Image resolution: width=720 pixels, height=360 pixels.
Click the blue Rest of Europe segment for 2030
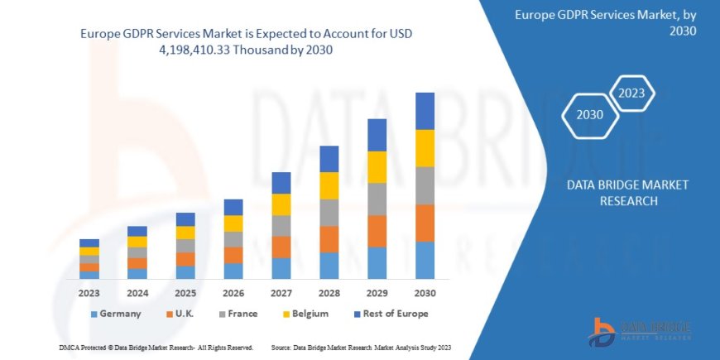pos(425,111)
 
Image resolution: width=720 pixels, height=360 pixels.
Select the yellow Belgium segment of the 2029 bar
pos(377,167)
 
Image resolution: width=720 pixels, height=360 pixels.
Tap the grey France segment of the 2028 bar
pos(329,213)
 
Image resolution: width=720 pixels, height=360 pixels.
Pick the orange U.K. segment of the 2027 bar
pos(281,247)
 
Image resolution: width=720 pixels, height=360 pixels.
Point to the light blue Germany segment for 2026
pos(233,271)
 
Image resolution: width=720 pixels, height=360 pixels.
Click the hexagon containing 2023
pos(631,93)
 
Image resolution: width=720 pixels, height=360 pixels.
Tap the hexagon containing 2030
pos(589,114)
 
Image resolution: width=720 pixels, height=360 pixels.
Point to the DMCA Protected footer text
pos(156,347)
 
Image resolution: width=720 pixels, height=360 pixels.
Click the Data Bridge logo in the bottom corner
pos(638,332)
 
